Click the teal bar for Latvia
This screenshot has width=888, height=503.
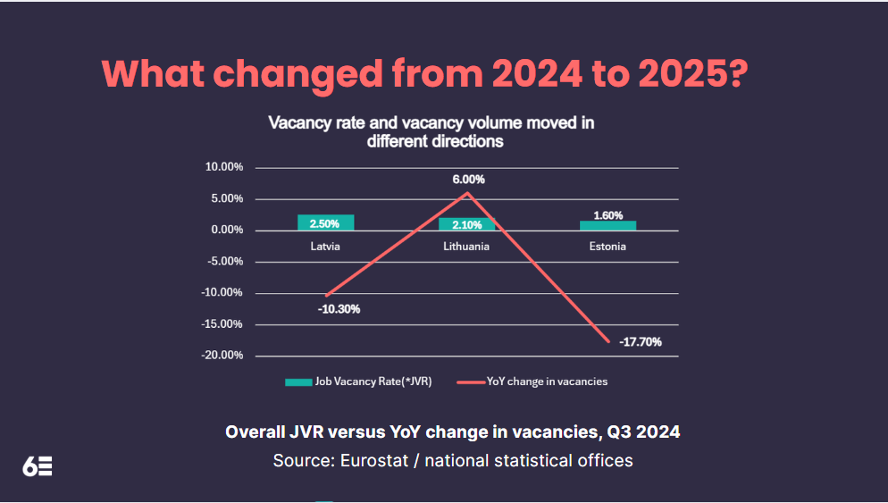[325, 222]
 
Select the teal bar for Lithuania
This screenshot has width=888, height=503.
[466, 224]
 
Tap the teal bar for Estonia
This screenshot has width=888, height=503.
[607, 225]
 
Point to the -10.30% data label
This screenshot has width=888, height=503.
[339, 309]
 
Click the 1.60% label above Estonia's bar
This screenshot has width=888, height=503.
[607, 215]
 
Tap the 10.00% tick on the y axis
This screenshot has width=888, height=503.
[224, 167]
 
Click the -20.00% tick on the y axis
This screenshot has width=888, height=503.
[222, 355]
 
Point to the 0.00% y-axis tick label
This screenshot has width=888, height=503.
[227, 230]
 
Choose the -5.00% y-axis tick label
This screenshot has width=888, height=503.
[225, 261]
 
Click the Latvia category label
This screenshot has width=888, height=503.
[325, 246]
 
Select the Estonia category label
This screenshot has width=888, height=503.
[607, 246]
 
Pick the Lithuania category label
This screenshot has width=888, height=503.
[466, 246]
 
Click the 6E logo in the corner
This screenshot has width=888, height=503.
[38, 465]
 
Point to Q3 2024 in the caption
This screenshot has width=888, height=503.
[643, 432]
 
